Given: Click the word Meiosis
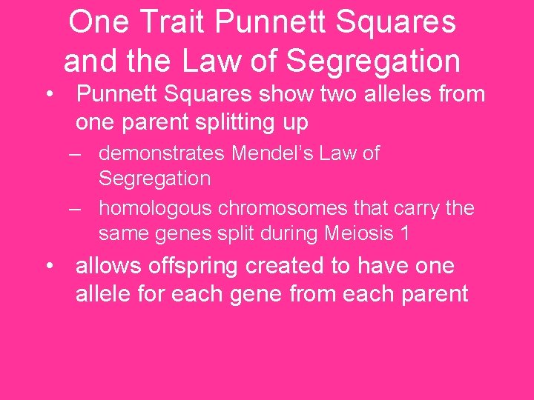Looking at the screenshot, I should point(358,233).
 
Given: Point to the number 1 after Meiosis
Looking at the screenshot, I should point(404,233).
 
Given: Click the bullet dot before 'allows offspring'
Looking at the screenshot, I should point(49,265).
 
